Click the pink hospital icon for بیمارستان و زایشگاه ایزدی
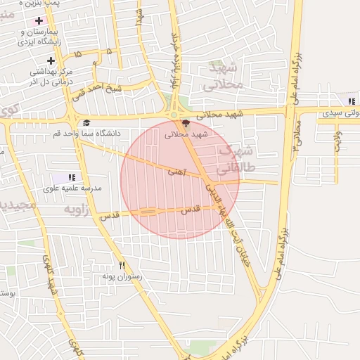click(38, 20)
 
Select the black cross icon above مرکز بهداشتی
click(51, 60)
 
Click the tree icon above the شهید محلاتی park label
click(186, 123)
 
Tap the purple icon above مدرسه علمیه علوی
click(71, 177)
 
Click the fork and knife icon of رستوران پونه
click(122, 265)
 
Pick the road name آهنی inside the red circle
click(176, 171)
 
